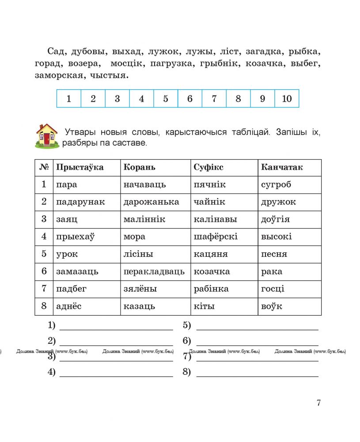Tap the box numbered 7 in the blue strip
214,99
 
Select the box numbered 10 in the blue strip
287,99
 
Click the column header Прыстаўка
80,168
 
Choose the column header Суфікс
208,168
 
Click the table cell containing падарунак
80,202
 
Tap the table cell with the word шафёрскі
216,236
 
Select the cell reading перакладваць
154,271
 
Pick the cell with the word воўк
272,306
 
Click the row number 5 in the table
44,254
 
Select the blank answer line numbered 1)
116,326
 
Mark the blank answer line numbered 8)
257,373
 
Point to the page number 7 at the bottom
318,403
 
